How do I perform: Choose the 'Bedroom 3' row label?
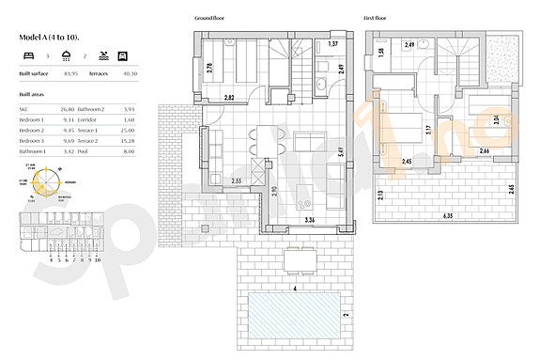33,140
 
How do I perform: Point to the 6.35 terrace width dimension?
446,215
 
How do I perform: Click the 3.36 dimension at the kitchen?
310,220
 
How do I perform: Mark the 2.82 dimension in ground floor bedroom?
228,98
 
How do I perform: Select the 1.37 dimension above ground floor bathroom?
332,44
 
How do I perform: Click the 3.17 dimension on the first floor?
428,132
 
